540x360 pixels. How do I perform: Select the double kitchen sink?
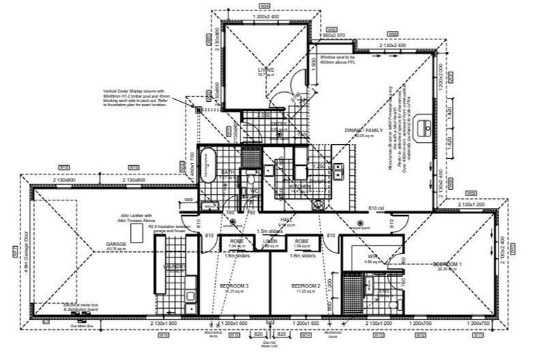[337, 170]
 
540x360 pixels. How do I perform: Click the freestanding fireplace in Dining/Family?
[425, 127]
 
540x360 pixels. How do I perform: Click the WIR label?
[373, 257]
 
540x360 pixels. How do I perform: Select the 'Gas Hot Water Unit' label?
[269, 345]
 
